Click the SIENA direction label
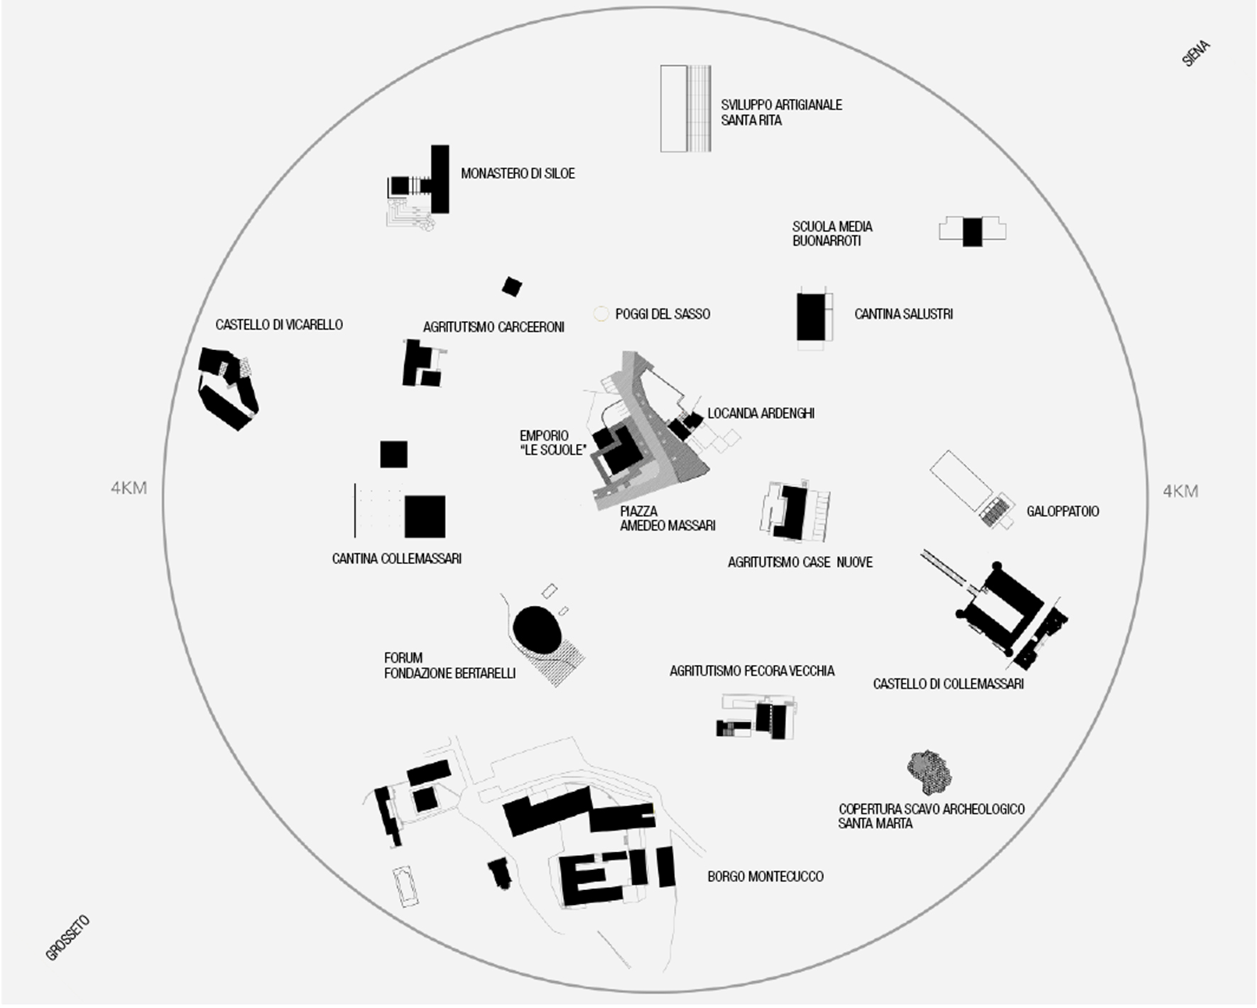tap(1196, 54)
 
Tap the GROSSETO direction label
tap(68, 938)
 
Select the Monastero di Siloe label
tap(518, 173)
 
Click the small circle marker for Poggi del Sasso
tap(601, 313)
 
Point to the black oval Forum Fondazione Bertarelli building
tap(538, 627)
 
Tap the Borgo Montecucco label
tap(765, 877)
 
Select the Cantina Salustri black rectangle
tap(810, 317)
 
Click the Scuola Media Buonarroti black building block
tap(972, 232)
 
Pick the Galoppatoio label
tap(1062, 511)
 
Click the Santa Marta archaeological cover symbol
tap(929, 772)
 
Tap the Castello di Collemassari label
tap(948, 684)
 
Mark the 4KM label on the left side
tap(129, 488)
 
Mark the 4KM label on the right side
tap(1180, 491)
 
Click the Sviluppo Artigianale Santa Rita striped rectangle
tap(686, 109)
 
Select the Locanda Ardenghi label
tap(761, 413)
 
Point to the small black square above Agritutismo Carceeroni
tap(511, 287)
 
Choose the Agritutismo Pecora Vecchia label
tap(752, 671)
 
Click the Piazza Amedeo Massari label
tap(667, 519)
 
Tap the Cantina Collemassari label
tap(396, 559)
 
